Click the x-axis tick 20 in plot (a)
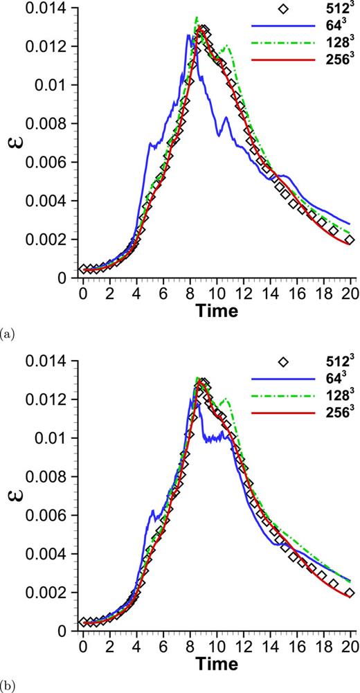tap(351, 294)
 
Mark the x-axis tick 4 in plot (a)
tap(136, 294)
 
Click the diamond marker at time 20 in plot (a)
tap(350, 240)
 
